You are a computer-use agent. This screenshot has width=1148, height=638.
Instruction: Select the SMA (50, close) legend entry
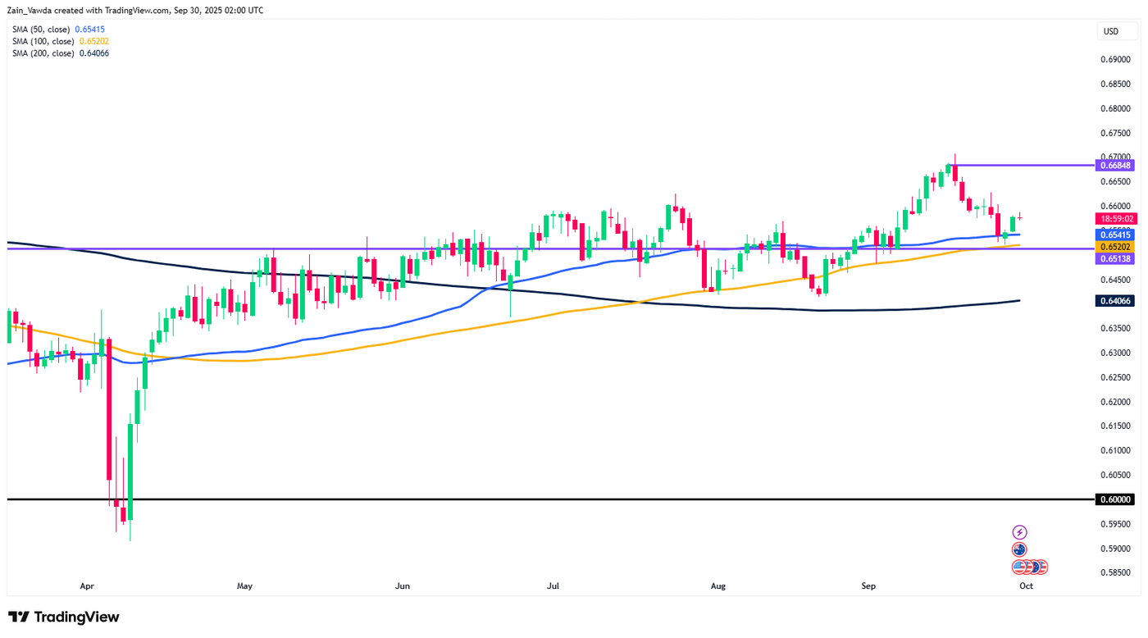(x=58, y=30)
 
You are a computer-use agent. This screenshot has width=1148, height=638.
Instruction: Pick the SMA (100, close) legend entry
(x=60, y=41)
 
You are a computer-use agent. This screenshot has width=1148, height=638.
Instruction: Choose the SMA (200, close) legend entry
(x=60, y=53)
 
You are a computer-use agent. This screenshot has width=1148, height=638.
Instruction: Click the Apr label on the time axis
(x=88, y=586)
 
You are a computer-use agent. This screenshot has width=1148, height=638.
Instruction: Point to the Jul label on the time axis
(x=553, y=586)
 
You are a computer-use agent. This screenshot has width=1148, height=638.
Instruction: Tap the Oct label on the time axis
(x=1026, y=586)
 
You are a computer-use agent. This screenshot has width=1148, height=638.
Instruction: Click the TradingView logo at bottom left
(x=64, y=617)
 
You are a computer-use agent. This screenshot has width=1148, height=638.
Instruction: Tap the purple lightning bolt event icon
(x=1019, y=533)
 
